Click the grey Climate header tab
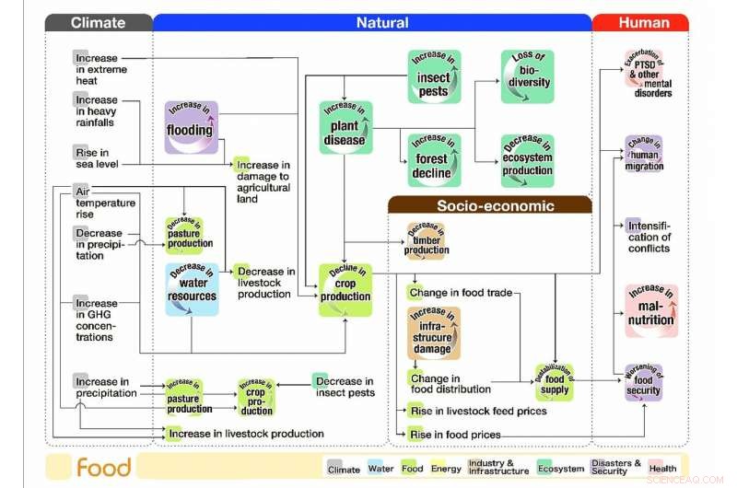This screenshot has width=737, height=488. click(x=99, y=22)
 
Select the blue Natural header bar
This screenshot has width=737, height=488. click(x=373, y=22)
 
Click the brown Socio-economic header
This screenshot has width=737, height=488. click(x=489, y=205)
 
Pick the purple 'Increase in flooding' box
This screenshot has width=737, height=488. click(x=191, y=126)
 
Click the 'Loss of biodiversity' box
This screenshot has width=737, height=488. click(x=528, y=76)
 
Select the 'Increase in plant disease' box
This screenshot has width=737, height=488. click(x=345, y=127)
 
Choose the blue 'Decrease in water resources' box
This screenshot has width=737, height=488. click(x=192, y=289)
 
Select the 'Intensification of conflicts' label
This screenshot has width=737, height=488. click(x=649, y=237)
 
